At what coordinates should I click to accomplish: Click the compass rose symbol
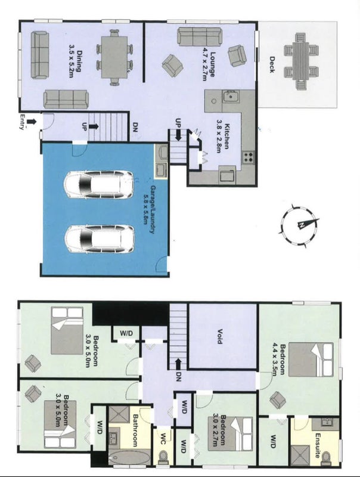pos(299,225)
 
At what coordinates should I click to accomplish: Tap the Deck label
pos(272,64)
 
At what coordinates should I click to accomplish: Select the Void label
pos(219,336)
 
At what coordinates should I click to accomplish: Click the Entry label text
pos(22,122)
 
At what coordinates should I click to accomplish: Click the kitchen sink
pos(231,97)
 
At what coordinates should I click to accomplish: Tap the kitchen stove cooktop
pos(248,157)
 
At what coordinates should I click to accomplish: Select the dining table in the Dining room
pos(114,57)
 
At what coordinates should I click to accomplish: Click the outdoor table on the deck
pos(301,61)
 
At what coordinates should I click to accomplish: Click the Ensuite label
pos(318,445)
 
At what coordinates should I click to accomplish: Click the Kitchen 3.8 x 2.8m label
pos(222,136)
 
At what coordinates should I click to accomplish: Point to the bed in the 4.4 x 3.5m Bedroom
pos(311,360)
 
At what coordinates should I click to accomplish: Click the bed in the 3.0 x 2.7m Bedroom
pos(230,433)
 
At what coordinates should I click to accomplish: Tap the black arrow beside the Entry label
pos(32,122)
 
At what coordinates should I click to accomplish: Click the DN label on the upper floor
pos(178,377)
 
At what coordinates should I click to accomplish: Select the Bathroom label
pos(136,430)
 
